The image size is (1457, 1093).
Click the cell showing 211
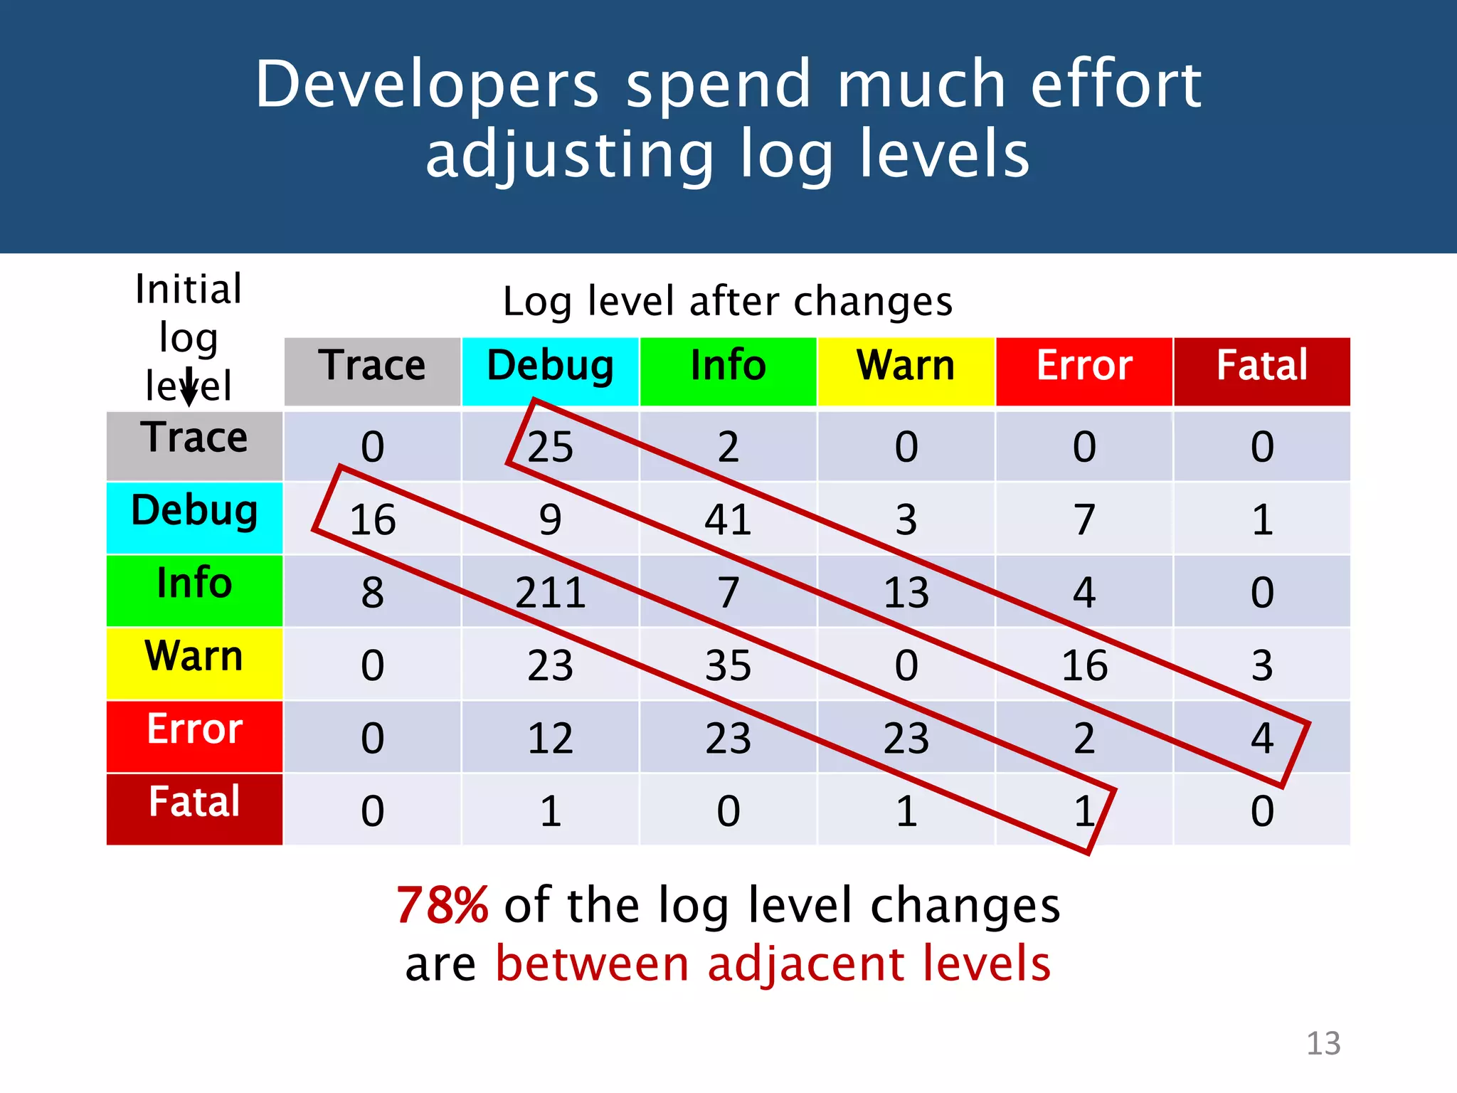[x=550, y=592]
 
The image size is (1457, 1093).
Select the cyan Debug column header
[x=550, y=371]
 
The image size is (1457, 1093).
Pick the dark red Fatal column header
[x=1261, y=371]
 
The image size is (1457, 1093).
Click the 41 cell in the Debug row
[x=728, y=519]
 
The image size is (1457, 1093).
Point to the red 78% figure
[x=442, y=905]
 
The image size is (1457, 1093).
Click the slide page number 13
[x=1323, y=1043]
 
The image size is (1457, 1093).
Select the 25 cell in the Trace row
[x=550, y=447]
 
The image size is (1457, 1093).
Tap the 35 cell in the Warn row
[x=728, y=665]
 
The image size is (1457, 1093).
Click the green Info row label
[x=194, y=589]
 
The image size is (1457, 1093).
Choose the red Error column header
[x=1084, y=371]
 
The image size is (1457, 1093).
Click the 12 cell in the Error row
[x=550, y=738]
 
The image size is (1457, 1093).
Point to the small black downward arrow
[x=189, y=388]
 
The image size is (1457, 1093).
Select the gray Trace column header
[x=372, y=371]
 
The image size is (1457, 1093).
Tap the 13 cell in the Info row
[x=906, y=592]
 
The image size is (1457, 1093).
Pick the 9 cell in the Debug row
[x=550, y=519]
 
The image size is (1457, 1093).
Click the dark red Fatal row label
[x=194, y=808]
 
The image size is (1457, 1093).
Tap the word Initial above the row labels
[x=189, y=289]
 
